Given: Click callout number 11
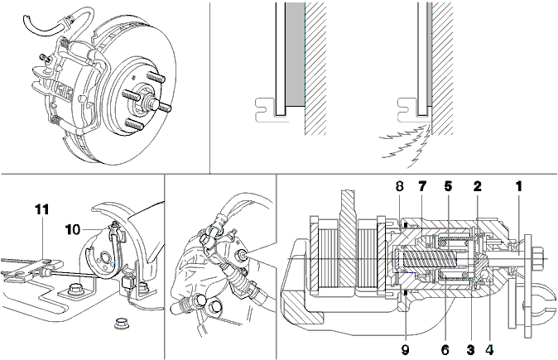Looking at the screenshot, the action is [x=41, y=209].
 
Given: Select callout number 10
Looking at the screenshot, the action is [x=73, y=230].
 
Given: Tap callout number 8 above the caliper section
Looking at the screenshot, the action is [x=400, y=186].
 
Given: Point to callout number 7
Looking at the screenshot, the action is [x=422, y=186].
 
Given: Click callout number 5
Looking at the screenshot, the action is [x=448, y=186].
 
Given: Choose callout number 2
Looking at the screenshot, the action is [x=477, y=186].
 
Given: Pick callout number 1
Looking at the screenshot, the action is [x=519, y=186].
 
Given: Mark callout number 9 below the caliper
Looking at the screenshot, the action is [x=406, y=350].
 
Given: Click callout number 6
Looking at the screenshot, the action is [x=445, y=350].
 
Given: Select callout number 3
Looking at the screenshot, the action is [x=470, y=350].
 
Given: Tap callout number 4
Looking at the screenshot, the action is [x=489, y=350].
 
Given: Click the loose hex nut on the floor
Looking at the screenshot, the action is [x=119, y=324].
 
